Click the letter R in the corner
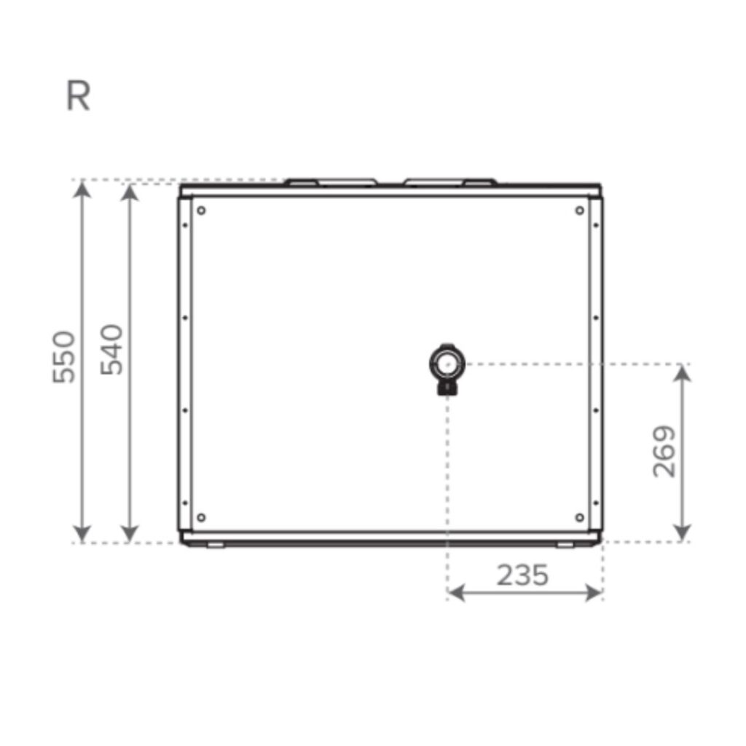click(78, 97)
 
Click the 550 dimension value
click(64, 357)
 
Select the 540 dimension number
click(112, 350)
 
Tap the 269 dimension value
click(664, 452)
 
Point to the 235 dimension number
click(522, 576)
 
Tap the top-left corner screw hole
click(201, 211)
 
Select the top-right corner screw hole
click(579, 211)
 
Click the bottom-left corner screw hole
click(201, 517)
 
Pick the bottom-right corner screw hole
click(579, 517)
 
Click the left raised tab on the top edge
click(331, 181)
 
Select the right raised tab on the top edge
click(450, 181)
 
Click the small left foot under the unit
click(216, 545)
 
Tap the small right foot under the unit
click(565, 545)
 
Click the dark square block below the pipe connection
click(447, 388)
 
